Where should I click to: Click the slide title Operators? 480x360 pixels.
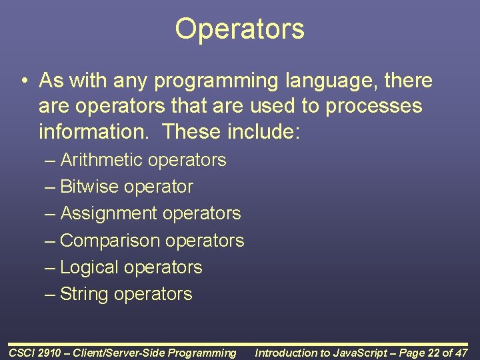click(x=239, y=29)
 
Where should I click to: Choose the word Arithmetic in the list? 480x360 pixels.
click(x=101, y=160)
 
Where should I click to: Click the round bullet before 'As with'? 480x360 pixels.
click(x=23, y=82)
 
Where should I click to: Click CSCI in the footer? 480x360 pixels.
click(x=21, y=353)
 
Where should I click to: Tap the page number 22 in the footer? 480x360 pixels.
click(x=433, y=353)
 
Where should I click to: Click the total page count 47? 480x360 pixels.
click(x=461, y=353)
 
